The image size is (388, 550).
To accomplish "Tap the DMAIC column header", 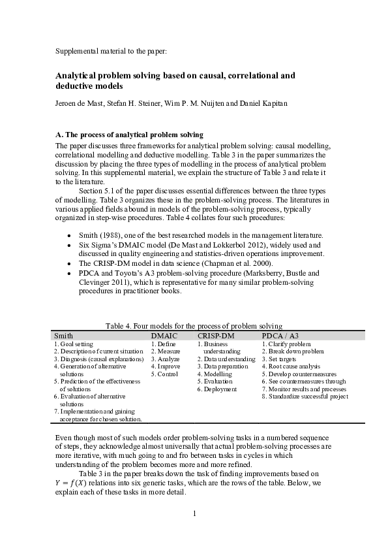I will tap(164, 335).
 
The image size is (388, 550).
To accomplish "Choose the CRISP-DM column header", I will tap(216, 335).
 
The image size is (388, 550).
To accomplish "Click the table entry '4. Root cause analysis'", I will tap(291, 366).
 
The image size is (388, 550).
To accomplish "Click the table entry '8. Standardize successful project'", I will tap(305, 396).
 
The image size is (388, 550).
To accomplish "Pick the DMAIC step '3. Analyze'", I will tap(165, 359).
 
